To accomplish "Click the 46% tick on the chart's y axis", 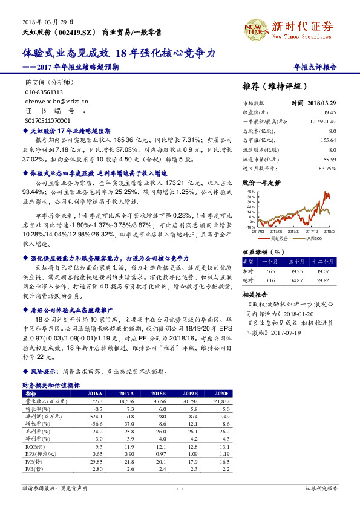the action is tap(250, 190).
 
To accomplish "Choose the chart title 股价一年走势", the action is tap(261, 181).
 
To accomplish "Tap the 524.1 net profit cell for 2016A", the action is tap(96, 417).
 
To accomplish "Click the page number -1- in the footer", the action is tap(179, 487).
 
